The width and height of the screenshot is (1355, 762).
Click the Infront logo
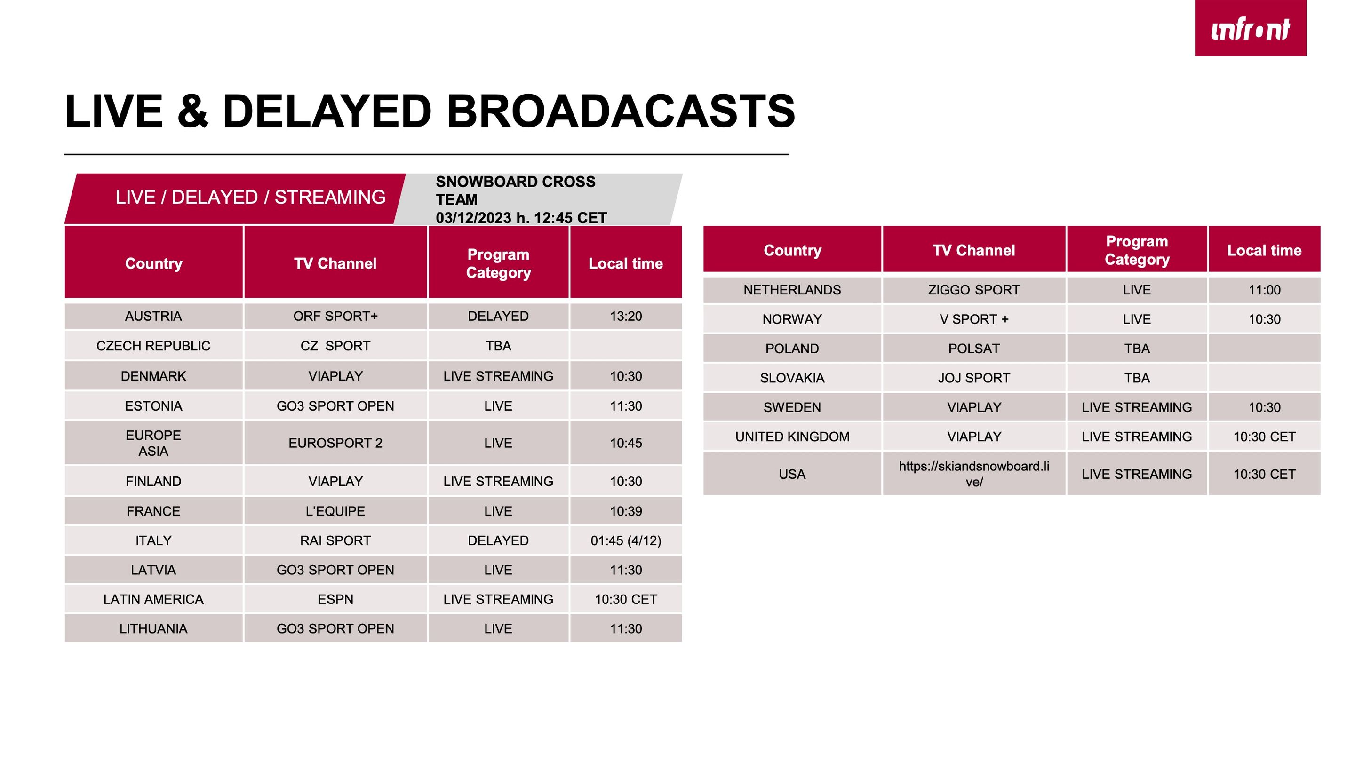tap(1251, 28)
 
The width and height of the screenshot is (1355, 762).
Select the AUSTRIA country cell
tap(153, 316)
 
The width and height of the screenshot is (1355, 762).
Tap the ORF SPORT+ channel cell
tap(335, 316)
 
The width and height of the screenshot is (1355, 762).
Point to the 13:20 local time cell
tap(626, 316)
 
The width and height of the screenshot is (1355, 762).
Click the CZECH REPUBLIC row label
tap(153, 346)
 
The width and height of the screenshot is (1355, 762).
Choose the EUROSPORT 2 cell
tap(335, 443)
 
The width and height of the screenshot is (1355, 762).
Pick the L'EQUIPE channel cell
tap(335, 511)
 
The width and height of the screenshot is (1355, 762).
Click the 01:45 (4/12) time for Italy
tap(626, 540)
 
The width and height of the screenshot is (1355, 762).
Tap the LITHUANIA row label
tap(153, 629)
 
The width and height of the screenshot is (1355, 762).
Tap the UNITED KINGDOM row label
tap(792, 437)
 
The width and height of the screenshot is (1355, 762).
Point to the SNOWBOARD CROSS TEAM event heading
tap(516, 190)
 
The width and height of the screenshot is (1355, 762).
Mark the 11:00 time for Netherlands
tap(1265, 290)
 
